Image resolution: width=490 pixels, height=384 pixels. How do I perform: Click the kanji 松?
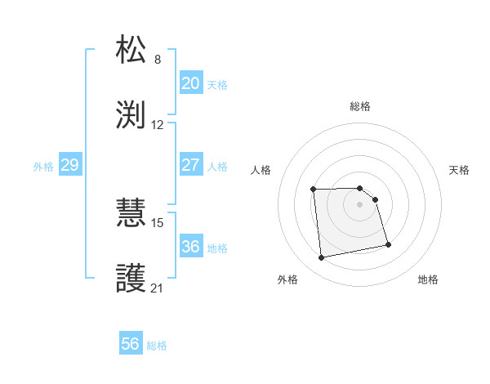[x=131, y=50]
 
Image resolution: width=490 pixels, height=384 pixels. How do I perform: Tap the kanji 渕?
[x=131, y=115]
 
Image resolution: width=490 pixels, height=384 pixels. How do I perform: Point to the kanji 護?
[x=131, y=279]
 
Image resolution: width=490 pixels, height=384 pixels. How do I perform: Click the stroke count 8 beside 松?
[x=158, y=60]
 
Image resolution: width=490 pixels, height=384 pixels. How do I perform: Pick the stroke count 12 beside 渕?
[x=158, y=125]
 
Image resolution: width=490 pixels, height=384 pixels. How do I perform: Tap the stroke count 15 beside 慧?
[x=158, y=222]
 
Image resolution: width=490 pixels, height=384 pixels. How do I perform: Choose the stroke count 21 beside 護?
[x=158, y=288]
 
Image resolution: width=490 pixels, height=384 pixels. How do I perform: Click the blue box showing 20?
[x=190, y=83]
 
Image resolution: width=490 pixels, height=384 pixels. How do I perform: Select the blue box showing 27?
[x=190, y=165]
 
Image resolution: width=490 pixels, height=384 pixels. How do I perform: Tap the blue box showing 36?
[x=190, y=247]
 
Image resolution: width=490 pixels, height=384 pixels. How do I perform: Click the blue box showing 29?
[x=69, y=165]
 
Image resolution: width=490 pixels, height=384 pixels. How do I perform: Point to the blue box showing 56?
[x=130, y=344]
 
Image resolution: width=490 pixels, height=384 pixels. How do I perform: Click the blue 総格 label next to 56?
[x=157, y=346]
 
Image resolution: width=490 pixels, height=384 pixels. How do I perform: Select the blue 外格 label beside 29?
[x=43, y=167]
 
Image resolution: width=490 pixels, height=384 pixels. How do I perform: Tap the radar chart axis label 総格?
[x=360, y=106]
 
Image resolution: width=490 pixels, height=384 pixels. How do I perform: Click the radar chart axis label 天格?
[x=460, y=170]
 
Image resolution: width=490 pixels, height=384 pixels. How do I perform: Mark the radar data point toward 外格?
[x=322, y=258]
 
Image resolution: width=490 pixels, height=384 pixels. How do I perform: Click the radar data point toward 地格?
[x=388, y=243]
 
